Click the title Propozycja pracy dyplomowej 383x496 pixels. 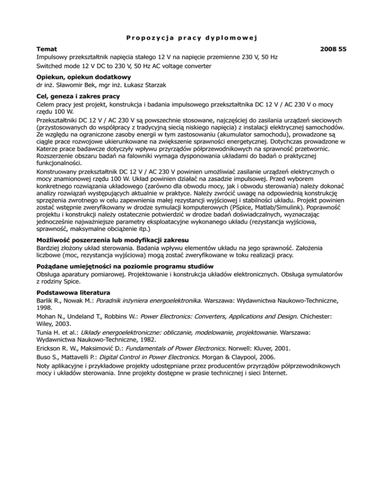(191, 37)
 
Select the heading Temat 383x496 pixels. (48, 49)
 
